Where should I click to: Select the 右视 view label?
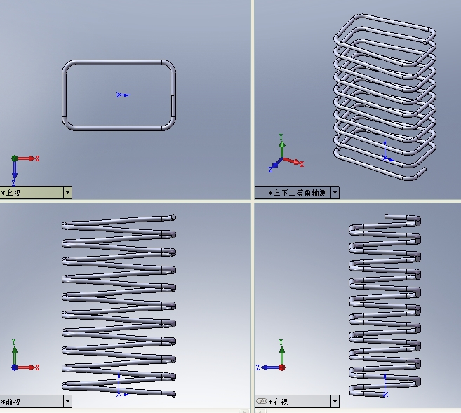point(281,402)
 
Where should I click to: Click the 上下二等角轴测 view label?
point(300,193)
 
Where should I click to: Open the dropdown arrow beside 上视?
point(67,193)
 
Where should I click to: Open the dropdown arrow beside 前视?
point(67,401)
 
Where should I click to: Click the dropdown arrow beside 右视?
point(335,401)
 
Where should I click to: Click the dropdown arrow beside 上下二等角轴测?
point(335,193)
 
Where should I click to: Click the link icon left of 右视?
point(261,401)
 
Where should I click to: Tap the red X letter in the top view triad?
point(37,158)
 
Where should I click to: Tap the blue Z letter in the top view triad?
point(13,183)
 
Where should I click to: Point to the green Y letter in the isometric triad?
point(281,137)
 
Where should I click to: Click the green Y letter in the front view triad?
point(13,342)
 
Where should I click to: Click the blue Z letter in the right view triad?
point(258,367)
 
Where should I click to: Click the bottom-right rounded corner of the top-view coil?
point(170,125)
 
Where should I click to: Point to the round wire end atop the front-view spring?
point(173,217)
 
